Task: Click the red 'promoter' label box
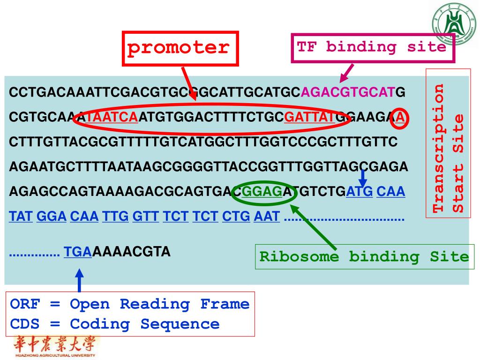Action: [180, 48]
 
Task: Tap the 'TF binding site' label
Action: [372, 47]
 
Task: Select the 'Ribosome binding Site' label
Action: [364, 257]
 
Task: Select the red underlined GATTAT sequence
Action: [309, 117]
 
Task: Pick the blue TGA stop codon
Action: [78, 252]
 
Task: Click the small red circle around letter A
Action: [400, 117]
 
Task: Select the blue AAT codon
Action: [266, 217]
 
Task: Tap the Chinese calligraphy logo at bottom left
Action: [52, 346]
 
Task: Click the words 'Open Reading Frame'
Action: [159, 304]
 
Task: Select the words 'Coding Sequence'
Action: [144, 324]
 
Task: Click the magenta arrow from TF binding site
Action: [346, 73]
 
